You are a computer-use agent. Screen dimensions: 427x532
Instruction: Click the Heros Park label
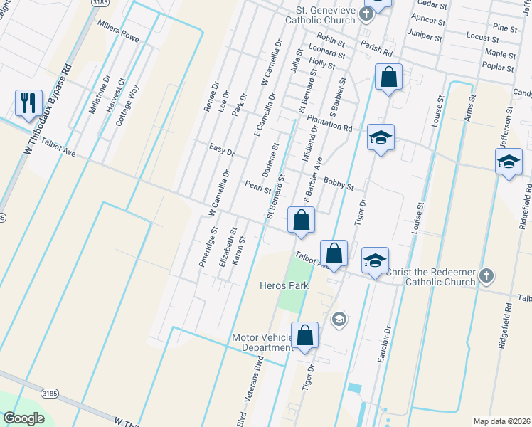coord(282,285)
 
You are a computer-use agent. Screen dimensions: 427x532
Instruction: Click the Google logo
coord(23,418)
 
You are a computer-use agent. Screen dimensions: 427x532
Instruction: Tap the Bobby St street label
coord(338,184)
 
